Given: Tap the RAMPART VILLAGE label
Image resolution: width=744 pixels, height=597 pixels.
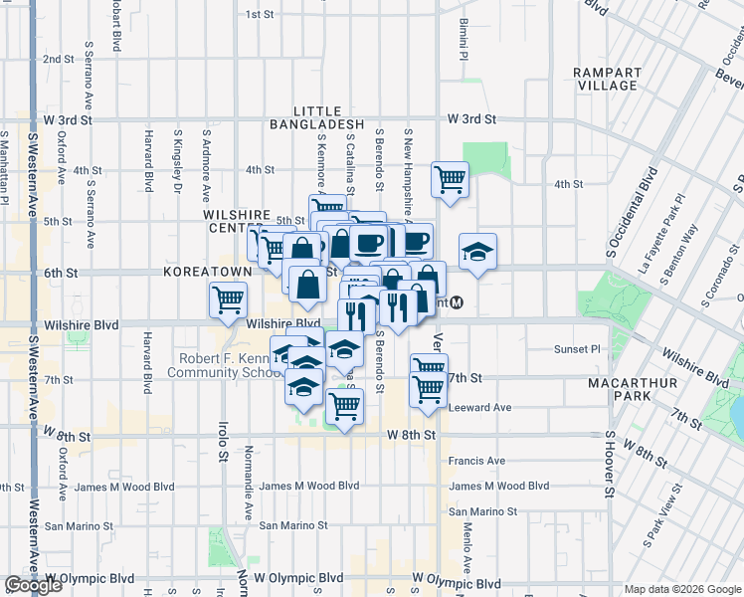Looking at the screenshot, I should pos(605,79).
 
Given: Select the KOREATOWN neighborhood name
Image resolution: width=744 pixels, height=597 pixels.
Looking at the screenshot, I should pos(209,271).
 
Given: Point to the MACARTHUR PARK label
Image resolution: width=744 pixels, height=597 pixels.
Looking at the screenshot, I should pos(647,390).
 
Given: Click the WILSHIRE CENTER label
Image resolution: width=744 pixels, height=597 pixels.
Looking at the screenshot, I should pos(236,220).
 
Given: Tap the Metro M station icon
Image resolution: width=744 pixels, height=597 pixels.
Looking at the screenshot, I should pos(457,302).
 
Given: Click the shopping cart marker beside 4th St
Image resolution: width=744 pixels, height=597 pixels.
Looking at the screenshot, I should pos(450,180).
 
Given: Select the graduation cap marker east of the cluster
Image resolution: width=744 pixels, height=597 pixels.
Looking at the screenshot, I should pos(477,251).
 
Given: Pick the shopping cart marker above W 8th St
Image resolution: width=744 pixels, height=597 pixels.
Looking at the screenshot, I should pos(344,406).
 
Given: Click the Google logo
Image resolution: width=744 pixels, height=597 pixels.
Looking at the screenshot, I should pos(34,585).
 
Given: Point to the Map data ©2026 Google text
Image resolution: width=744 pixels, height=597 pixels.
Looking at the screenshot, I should pos(683,589).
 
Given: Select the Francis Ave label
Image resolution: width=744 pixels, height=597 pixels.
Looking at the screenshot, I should pos(476,461).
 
